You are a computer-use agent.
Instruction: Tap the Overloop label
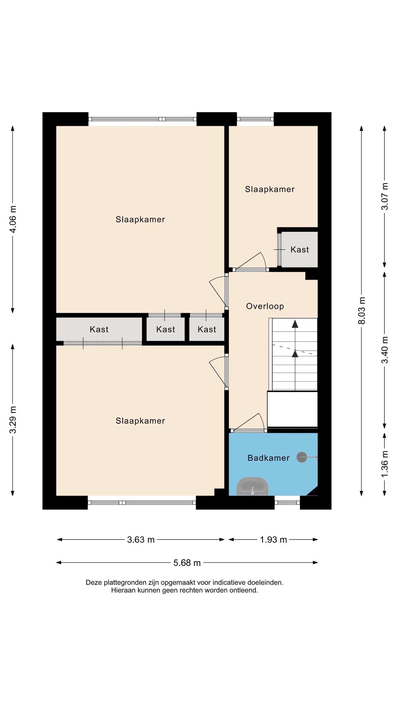(265, 306)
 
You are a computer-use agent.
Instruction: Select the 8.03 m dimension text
(362, 310)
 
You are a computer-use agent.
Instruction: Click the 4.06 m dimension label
(13, 219)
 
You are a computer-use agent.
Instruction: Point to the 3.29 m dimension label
(13, 420)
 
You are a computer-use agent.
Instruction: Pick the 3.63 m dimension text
(141, 540)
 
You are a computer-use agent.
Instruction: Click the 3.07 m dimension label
(385, 196)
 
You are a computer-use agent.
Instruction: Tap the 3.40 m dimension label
(385, 350)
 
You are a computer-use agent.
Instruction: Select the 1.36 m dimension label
(385, 464)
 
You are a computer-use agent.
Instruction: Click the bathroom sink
(252, 486)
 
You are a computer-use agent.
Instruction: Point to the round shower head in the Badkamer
(302, 457)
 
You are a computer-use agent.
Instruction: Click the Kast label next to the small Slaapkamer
(299, 250)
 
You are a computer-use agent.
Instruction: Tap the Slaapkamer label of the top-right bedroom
(270, 189)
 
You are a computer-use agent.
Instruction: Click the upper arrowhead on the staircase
(295, 324)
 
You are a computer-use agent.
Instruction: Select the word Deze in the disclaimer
(94, 582)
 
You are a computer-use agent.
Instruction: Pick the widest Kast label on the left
(99, 329)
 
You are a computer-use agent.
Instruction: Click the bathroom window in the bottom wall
(287, 503)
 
